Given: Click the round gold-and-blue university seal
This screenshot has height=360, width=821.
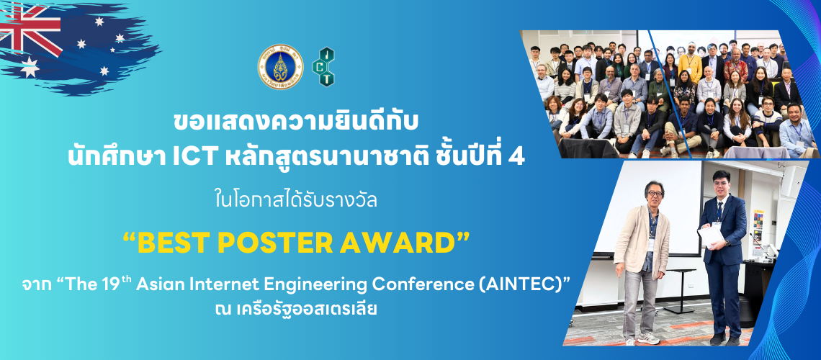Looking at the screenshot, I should pos(280,66).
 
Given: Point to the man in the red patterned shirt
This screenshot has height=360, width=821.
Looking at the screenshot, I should pos(735,66).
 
